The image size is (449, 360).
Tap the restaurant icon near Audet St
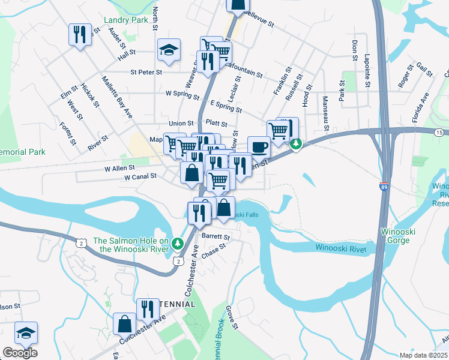coord(80,34)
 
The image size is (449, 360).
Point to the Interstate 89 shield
coord(384,185)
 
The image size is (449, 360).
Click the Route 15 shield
coord(440,131)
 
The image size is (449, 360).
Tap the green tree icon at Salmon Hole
coord(176,243)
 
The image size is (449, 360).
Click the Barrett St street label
coord(215,236)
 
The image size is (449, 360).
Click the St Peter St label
coord(146,72)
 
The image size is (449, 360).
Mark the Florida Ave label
coord(419,108)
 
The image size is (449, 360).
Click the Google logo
coord(20,353)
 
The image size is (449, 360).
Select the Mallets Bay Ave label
coord(117,96)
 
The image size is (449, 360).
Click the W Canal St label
coord(140,177)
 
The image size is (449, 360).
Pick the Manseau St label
coord(325,113)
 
